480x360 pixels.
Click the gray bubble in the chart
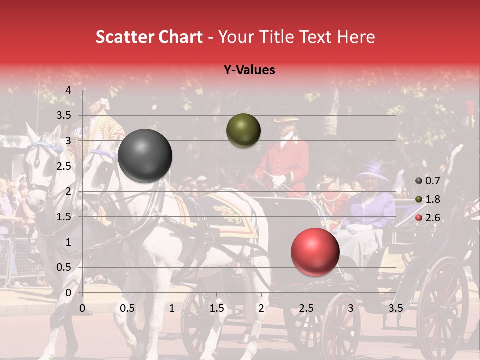[145, 156]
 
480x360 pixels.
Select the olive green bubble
[243, 130]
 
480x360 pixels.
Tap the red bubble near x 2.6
[315, 252]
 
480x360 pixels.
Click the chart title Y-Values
[249, 70]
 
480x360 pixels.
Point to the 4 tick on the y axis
[68, 90]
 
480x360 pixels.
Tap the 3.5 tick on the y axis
[64, 116]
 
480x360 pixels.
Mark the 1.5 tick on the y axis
[64, 217]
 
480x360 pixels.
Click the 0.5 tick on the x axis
[127, 308]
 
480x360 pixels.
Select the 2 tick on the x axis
[261, 308]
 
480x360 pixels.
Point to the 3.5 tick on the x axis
[395, 308]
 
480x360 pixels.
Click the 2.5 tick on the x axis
[306, 308]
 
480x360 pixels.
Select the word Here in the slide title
[356, 37]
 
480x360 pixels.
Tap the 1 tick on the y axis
[68, 242]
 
